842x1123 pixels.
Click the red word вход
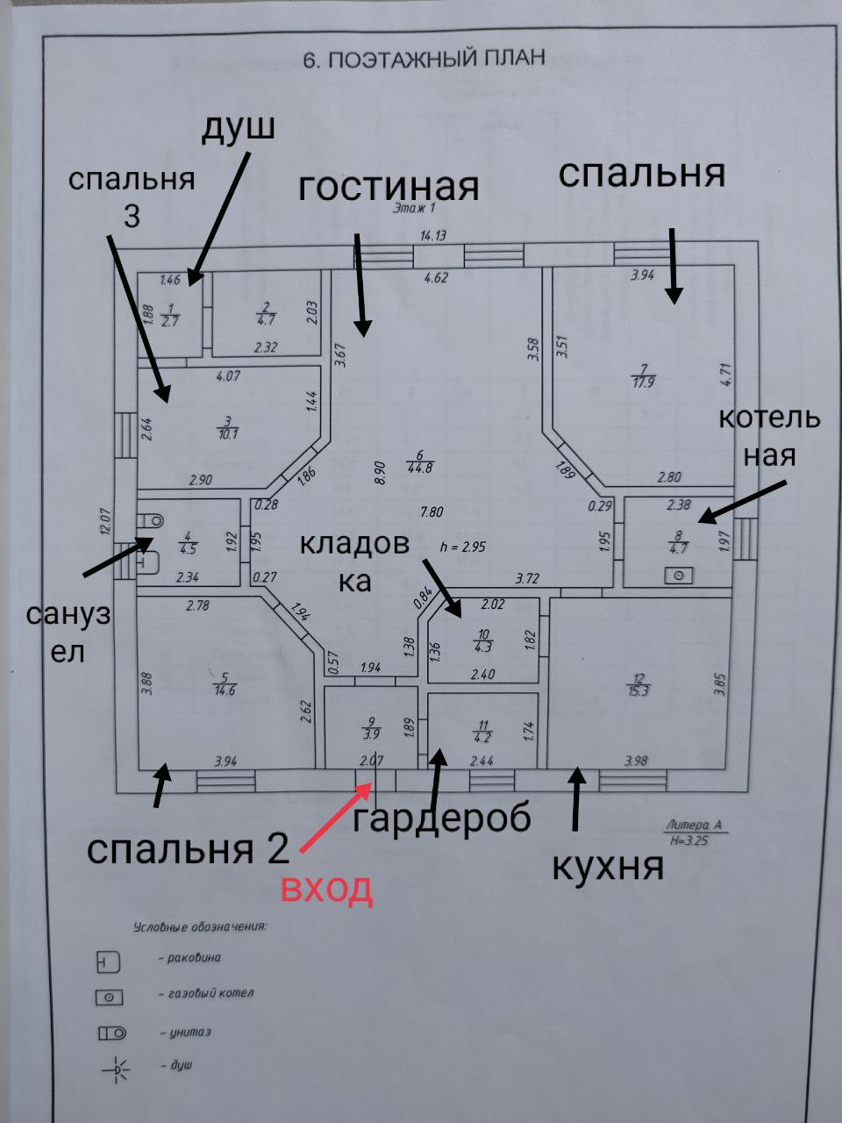326,889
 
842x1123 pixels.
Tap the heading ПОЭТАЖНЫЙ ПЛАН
423,59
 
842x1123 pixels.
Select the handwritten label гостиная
389,187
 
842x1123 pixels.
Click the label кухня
607,867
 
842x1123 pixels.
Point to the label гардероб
442,818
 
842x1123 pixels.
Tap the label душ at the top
239,127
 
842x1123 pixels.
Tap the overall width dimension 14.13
433,235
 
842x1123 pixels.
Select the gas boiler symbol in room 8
678,576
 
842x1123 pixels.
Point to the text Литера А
693,825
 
